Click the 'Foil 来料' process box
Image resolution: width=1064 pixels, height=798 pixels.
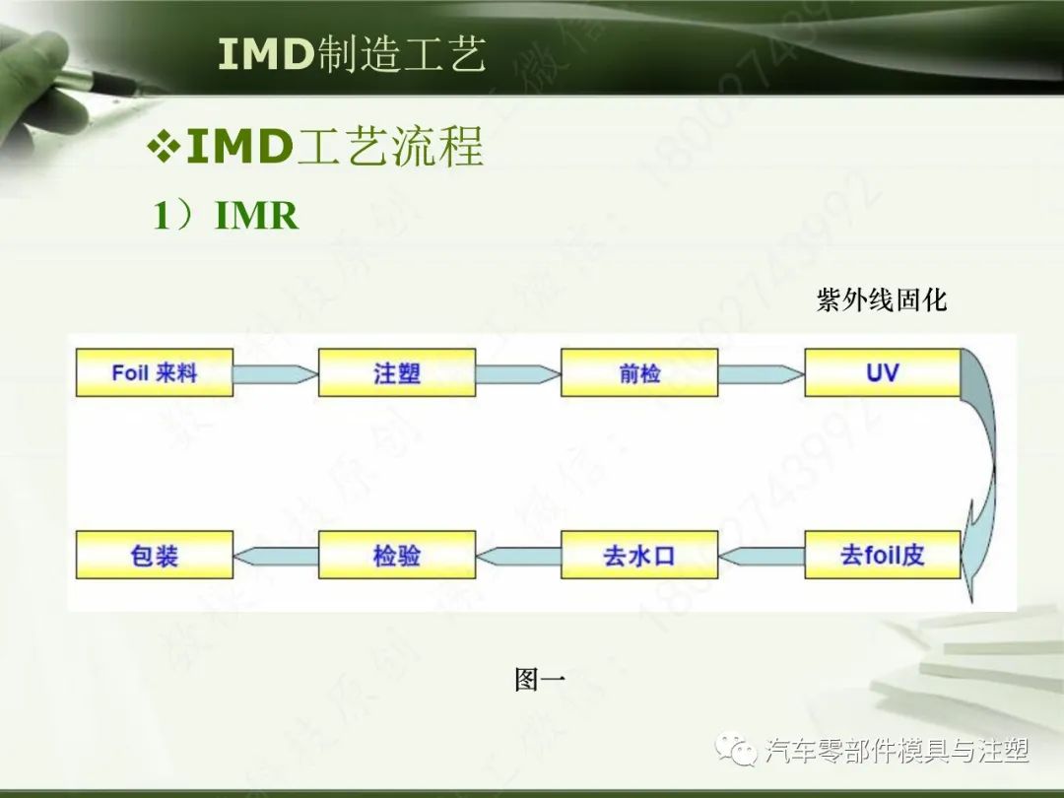point(155,372)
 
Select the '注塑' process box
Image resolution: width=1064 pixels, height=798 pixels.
point(397,372)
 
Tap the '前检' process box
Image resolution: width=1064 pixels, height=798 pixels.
point(639,372)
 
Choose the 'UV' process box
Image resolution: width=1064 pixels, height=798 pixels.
point(882,372)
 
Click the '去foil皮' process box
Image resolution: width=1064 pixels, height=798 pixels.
point(882,555)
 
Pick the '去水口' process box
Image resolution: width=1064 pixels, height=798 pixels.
point(639,555)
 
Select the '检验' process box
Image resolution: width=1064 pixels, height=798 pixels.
point(397,555)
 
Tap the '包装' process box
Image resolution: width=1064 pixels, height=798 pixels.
point(155,555)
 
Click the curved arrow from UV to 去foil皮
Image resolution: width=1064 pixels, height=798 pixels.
point(985,463)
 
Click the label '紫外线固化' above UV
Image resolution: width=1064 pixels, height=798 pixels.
point(881,300)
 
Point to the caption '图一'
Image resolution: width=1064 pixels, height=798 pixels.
point(539,679)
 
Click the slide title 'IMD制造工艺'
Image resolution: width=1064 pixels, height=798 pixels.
point(352,55)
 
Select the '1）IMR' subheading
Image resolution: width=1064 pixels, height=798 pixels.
point(225,216)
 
